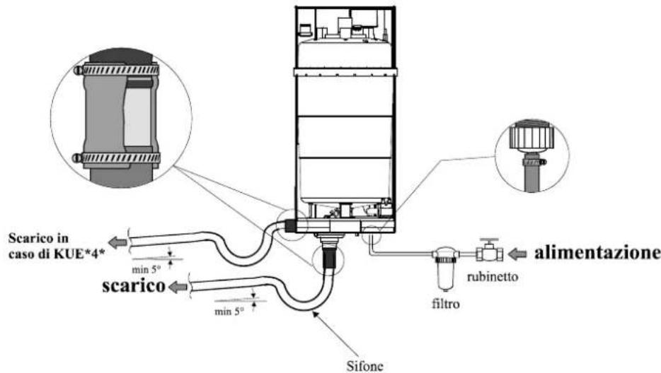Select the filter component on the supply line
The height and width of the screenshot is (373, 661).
(447, 267)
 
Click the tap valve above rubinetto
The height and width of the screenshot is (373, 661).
(488, 252)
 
